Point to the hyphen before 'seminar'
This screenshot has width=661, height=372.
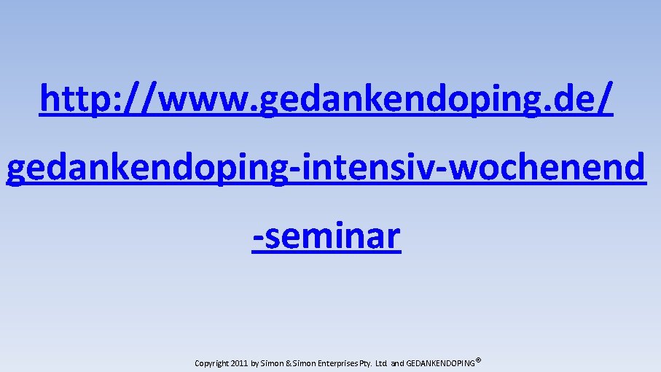258,238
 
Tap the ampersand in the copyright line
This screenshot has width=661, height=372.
289,363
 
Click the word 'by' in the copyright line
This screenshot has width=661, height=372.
254,363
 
